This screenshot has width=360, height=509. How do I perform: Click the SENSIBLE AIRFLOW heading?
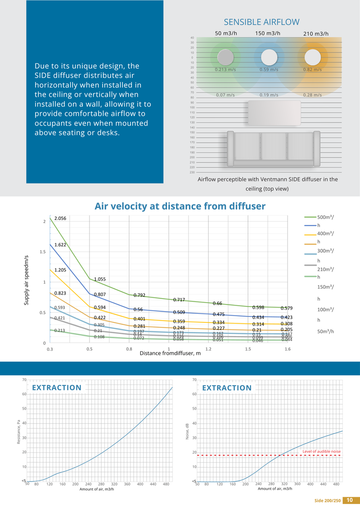pyautogui.click(x=261, y=22)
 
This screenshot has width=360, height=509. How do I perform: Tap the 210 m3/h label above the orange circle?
pyautogui.click(x=315, y=34)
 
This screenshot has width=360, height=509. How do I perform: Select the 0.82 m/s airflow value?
pyautogui.click(x=312, y=70)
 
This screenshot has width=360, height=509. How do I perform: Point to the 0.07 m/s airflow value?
pyautogui.click(x=225, y=95)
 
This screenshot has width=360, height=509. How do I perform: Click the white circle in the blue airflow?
pyautogui.click(x=269, y=58)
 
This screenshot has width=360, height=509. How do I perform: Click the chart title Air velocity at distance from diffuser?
pyautogui.click(x=180, y=206)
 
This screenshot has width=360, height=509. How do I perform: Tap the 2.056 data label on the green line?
pyautogui.click(x=61, y=218)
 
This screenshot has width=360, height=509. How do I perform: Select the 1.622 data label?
pyautogui.click(x=61, y=245)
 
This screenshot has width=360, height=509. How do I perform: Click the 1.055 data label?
pyautogui.click(x=100, y=279)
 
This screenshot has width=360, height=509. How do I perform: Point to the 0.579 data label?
pyautogui.click(x=287, y=308)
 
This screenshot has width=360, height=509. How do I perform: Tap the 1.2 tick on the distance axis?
pyautogui.click(x=208, y=349)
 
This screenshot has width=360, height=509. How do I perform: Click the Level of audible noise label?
pyautogui.click(x=321, y=451)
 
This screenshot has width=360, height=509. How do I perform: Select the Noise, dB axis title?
pyautogui.click(x=187, y=432)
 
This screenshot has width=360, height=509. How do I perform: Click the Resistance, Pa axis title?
pyautogui.click(x=19, y=432)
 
